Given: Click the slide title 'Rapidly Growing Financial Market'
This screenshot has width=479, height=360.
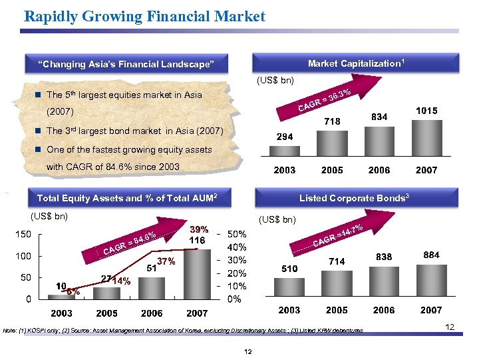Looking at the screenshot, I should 144,16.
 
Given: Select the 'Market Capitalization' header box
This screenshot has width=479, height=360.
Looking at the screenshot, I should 356,63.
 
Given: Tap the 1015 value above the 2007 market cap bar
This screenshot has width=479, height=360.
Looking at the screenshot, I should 426,111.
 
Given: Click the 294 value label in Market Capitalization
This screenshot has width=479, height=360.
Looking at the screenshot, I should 285,135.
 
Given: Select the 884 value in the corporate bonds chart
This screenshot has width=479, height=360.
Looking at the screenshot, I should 430,254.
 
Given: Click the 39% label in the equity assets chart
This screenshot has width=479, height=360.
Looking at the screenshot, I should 197,229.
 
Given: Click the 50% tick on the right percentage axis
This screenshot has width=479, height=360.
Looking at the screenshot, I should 238,235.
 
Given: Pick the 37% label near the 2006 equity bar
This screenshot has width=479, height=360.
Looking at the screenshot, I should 166,263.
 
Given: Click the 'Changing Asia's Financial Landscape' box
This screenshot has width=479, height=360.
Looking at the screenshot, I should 126,64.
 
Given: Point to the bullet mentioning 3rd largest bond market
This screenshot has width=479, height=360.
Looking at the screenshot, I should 134,130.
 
